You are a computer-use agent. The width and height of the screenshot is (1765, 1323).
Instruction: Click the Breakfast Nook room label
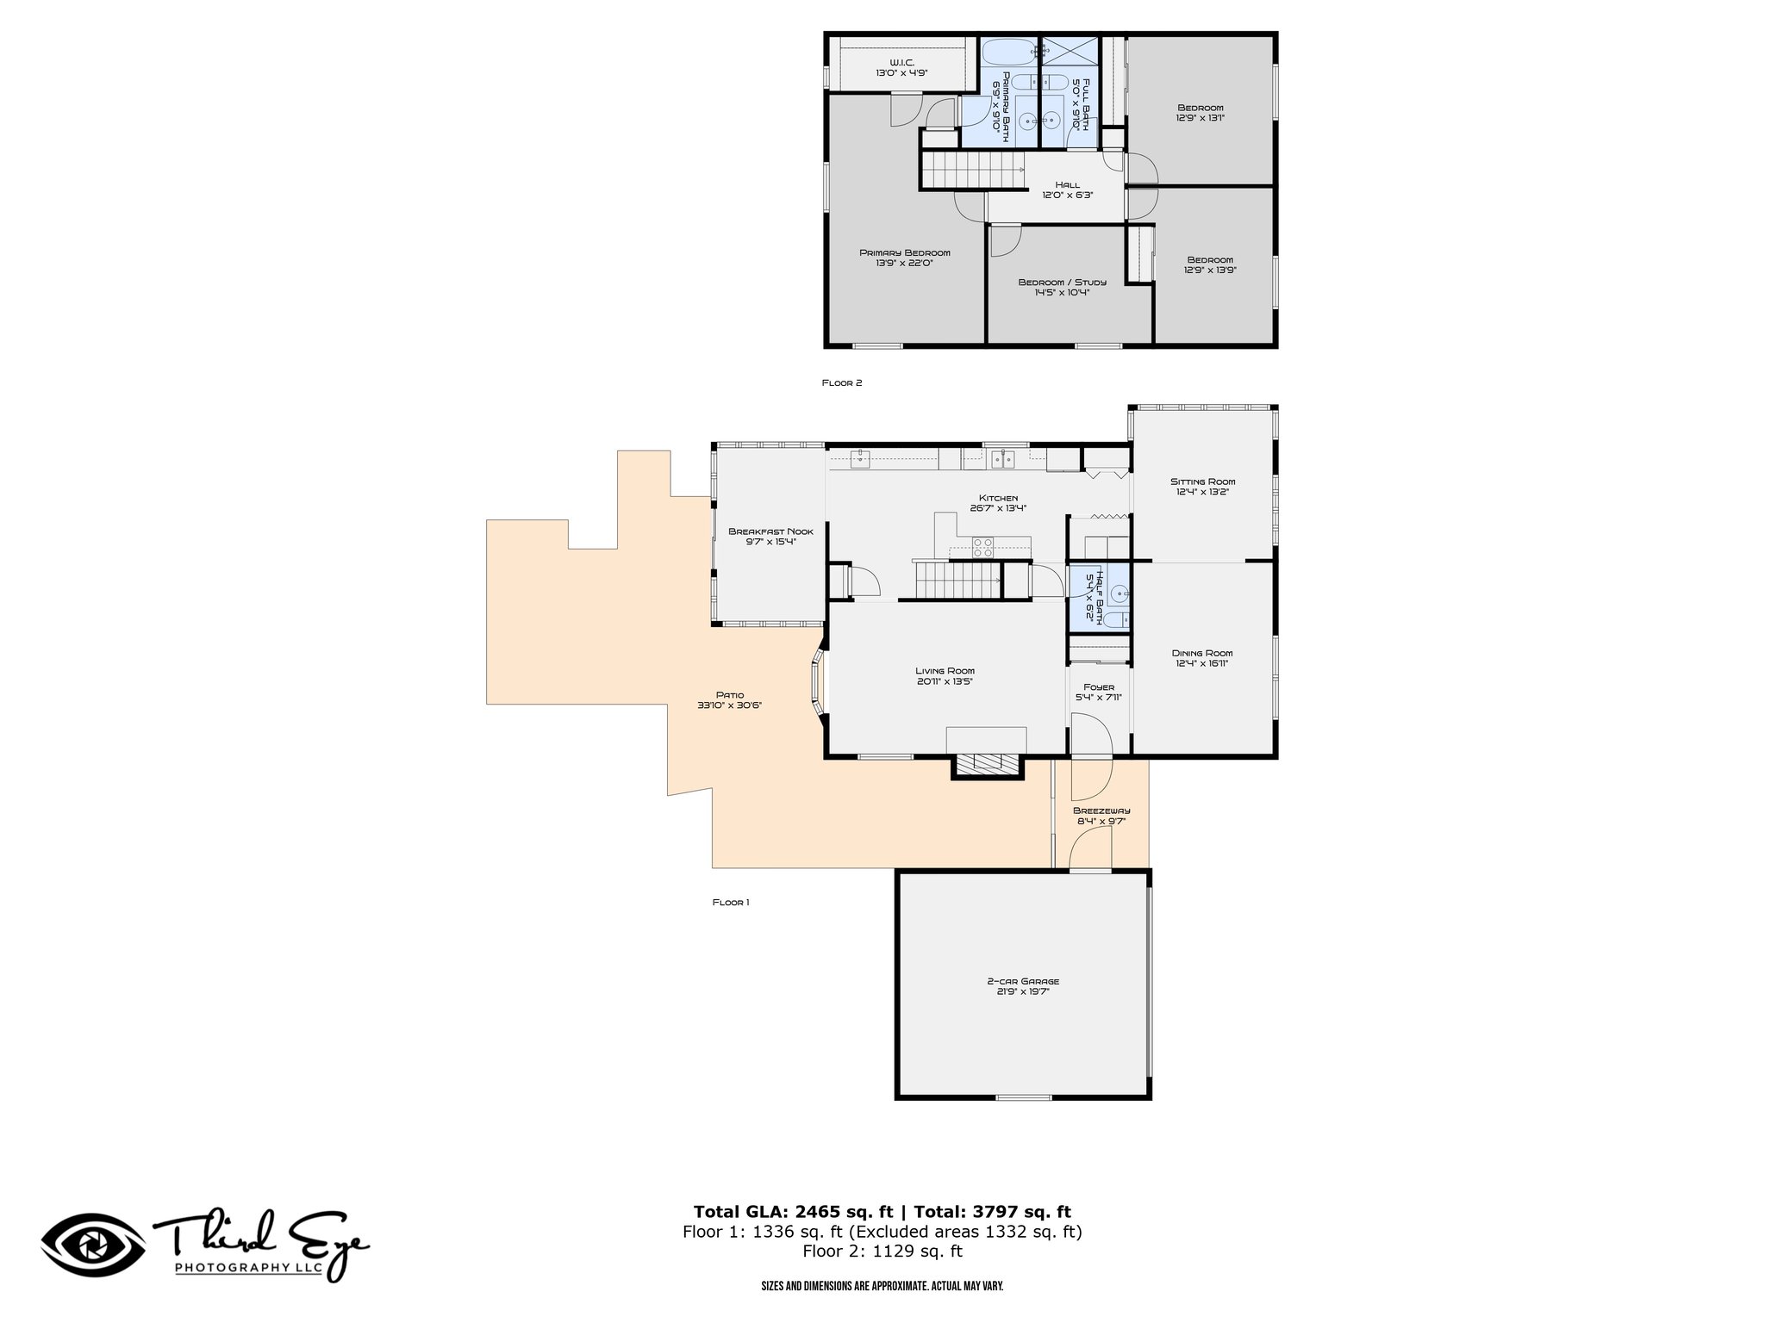pyautogui.click(x=770, y=531)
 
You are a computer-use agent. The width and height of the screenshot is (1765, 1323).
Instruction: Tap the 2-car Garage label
pyautogui.click(x=1023, y=981)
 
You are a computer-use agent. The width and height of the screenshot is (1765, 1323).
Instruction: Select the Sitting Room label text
pyautogui.click(x=1202, y=481)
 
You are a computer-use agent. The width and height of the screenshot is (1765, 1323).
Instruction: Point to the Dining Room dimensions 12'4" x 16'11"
pyautogui.click(x=1202, y=664)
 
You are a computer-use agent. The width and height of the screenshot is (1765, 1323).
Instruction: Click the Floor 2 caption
pyautogui.click(x=841, y=383)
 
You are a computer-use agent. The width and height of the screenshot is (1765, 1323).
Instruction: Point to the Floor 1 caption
pyautogui.click(x=731, y=903)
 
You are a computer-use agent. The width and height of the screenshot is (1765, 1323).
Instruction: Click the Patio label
pyautogui.click(x=729, y=695)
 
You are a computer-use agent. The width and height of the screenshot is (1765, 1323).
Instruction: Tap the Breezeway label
pyautogui.click(x=1101, y=811)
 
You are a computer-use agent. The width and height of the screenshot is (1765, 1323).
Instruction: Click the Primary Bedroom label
pyautogui.click(x=904, y=252)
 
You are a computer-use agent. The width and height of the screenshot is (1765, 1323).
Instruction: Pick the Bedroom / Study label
pyautogui.click(x=1062, y=282)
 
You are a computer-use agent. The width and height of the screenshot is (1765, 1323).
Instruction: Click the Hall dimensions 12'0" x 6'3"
pyautogui.click(x=1067, y=195)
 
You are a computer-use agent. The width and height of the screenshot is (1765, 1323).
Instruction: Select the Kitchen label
pyautogui.click(x=998, y=498)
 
